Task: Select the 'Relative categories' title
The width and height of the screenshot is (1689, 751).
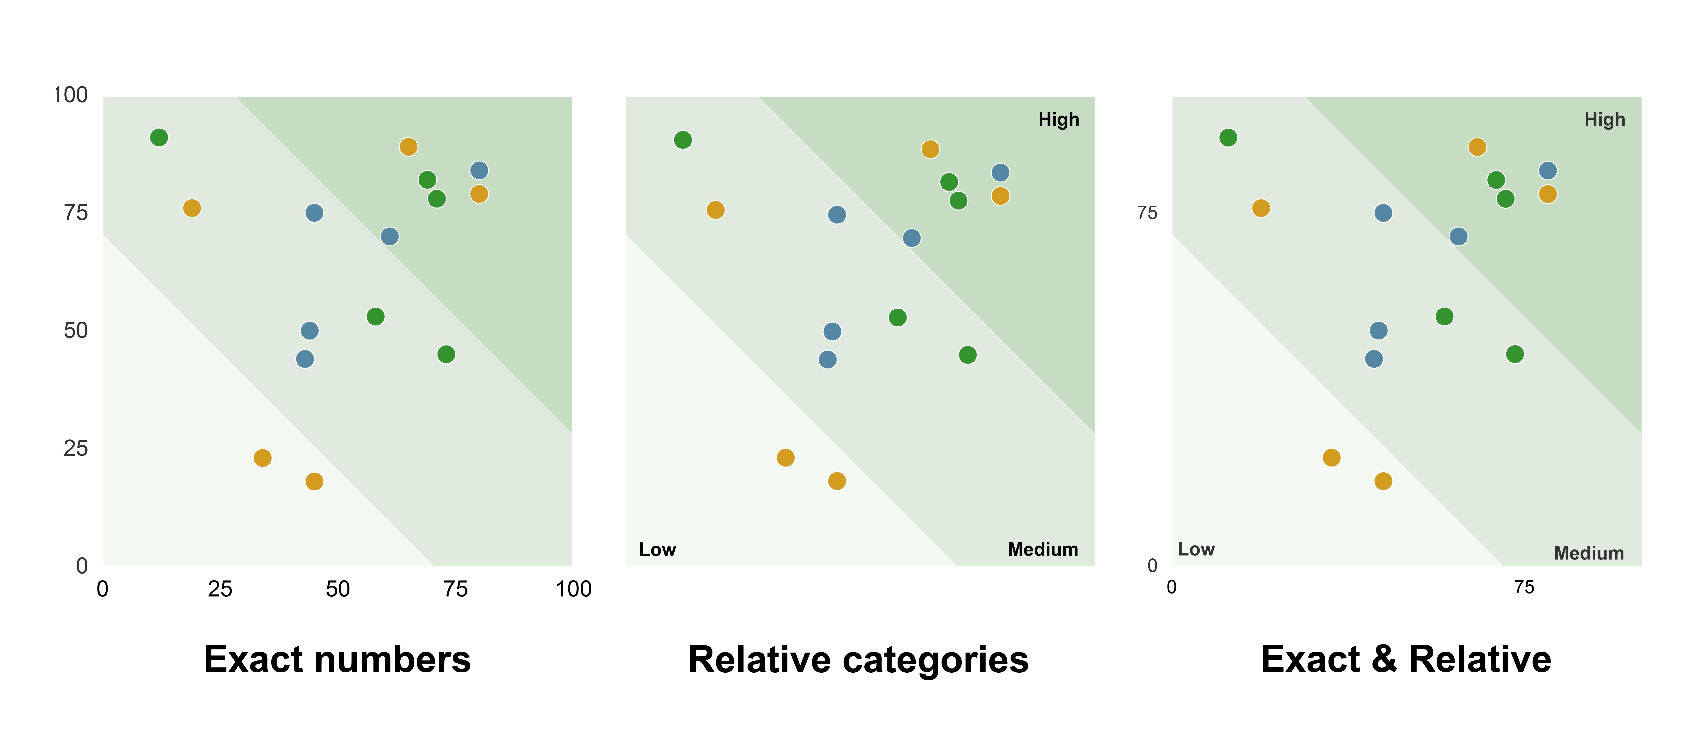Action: (858, 659)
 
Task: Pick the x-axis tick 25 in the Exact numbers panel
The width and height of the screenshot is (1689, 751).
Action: (220, 589)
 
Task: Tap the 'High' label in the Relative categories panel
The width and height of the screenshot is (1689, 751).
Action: (1058, 119)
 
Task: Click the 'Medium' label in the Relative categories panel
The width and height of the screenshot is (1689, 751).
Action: (1043, 550)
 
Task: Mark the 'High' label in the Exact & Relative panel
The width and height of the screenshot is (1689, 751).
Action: (1604, 119)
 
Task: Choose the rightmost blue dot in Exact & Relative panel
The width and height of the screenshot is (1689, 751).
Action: (1547, 171)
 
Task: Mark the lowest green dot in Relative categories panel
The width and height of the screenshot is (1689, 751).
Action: (967, 355)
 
